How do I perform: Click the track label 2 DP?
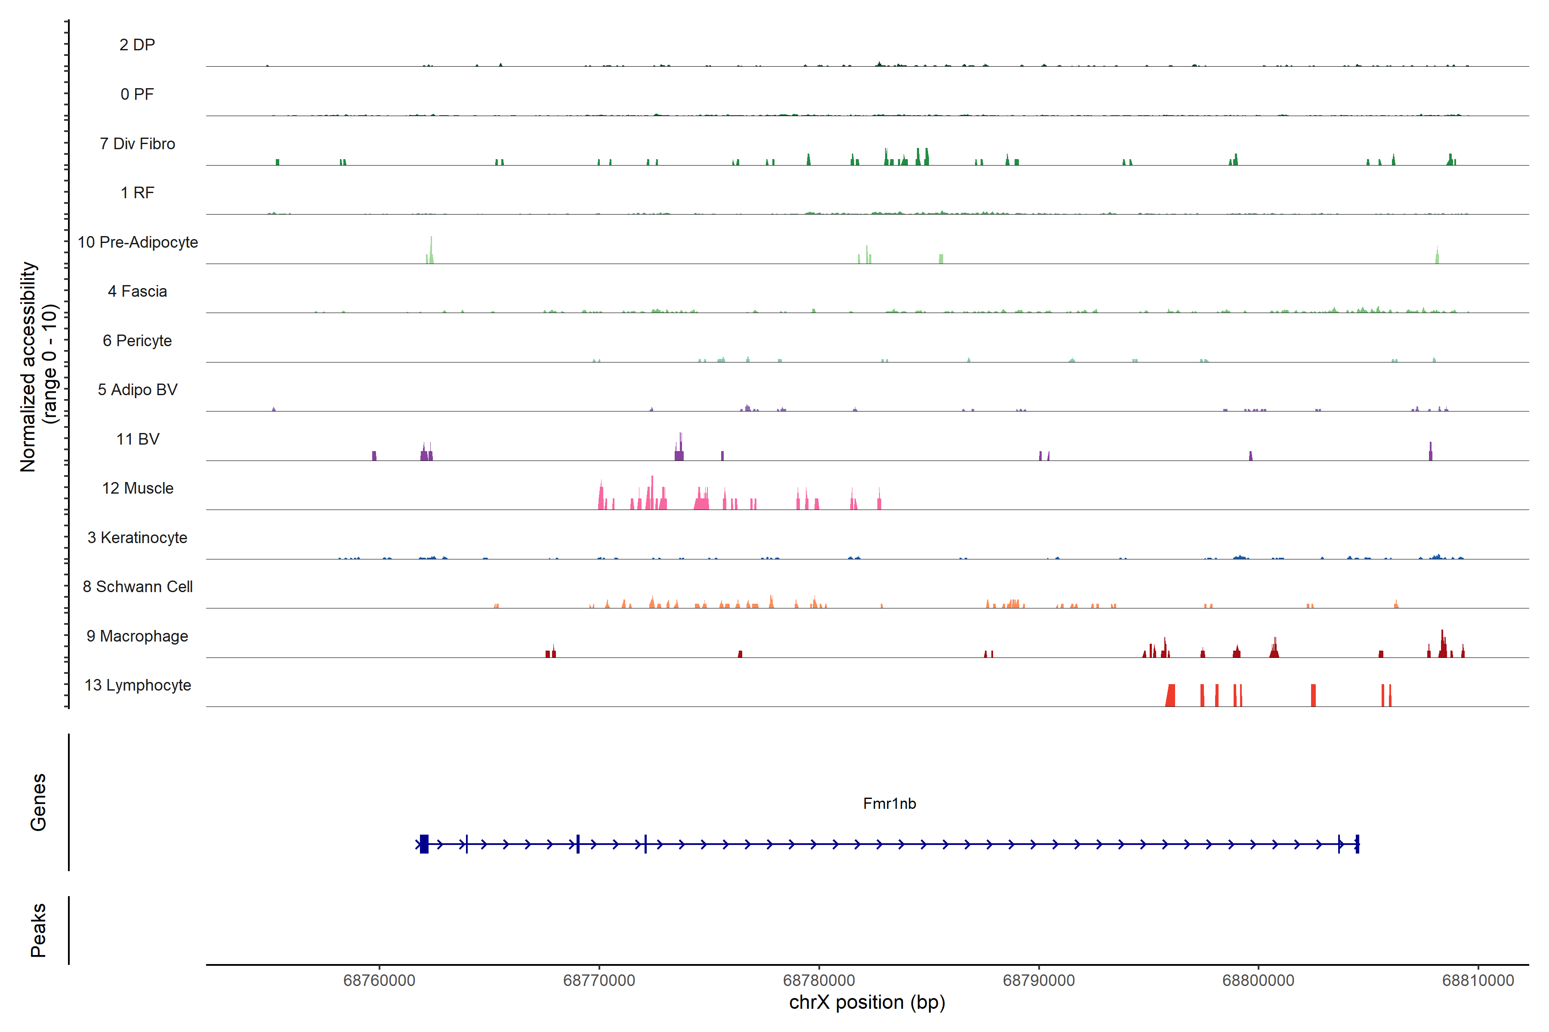pyautogui.click(x=137, y=45)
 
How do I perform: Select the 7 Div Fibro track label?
pyautogui.click(x=137, y=144)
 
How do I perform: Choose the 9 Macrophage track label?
pyautogui.click(x=137, y=636)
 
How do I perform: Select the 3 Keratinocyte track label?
pyautogui.click(x=137, y=538)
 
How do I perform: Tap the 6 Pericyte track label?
pyautogui.click(x=137, y=340)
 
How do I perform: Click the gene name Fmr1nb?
pyautogui.click(x=889, y=804)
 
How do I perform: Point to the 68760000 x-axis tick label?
pyautogui.click(x=380, y=981)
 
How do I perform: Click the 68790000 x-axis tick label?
pyautogui.click(x=1039, y=981)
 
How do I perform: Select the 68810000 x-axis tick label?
pyautogui.click(x=1478, y=981)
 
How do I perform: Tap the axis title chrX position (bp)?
pyautogui.click(x=867, y=1002)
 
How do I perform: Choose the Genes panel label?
pyautogui.click(x=38, y=802)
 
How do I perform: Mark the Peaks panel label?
pyautogui.click(x=38, y=930)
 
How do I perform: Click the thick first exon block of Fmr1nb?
pyautogui.click(x=424, y=844)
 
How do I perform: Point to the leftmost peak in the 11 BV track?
pyautogui.click(x=374, y=455)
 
